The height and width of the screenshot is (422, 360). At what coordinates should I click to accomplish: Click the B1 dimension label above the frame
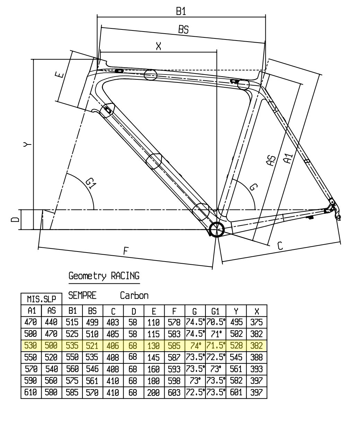pyautogui.click(x=181, y=11)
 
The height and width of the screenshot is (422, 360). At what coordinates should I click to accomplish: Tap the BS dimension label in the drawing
pyautogui.click(x=183, y=29)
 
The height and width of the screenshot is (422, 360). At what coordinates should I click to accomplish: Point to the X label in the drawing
pyautogui.click(x=158, y=46)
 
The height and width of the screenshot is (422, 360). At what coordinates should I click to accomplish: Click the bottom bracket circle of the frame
pyautogui.click(x=216, y=229)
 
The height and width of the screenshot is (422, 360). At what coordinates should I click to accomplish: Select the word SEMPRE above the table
pyautogui.click(x=82, y=296)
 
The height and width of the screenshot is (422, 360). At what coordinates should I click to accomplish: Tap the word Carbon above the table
pyautogui.click(x=134, y=296)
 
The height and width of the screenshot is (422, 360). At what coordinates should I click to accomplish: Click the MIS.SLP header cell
pyautogui.click(x=42, y=299)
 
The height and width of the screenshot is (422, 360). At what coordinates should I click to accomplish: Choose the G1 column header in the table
pyautogui.click(x=215, y=311)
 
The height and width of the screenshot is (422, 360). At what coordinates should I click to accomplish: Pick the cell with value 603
pyautogui.click(x=174, y=393)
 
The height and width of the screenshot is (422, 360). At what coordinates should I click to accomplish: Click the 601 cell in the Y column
pyautogui.click(x=236, y=393)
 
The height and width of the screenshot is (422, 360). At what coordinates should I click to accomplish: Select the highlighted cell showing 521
pyautogui.click(x=93, y=346)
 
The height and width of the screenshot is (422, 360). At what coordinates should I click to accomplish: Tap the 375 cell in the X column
pyautogui.click(x=256, y=322)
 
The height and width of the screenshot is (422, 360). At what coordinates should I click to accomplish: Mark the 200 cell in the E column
pyautogui.click(x=153, y=393)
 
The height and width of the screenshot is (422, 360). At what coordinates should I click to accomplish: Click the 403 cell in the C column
pyautogui.click(x=113, y=322)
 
